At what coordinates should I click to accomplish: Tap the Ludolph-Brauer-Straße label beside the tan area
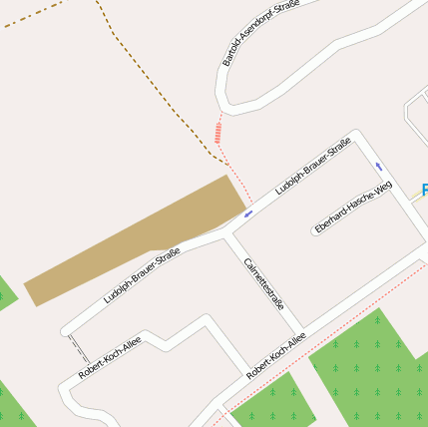click(142, 274)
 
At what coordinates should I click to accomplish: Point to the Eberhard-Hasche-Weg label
click(353, 208)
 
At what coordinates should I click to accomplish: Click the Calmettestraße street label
click(265, 283)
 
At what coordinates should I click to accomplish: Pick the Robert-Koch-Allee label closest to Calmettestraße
click(276, 354)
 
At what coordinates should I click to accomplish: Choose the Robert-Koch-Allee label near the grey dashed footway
click(110, 357)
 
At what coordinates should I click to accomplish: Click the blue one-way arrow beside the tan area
click(248, 213)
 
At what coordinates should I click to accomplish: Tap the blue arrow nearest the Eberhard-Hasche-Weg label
click(379, 166)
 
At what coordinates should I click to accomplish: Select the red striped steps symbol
click(217, 132)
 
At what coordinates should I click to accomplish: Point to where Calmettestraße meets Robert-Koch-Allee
click(298, 333)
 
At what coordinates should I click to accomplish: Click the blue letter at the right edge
click(424, 190)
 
